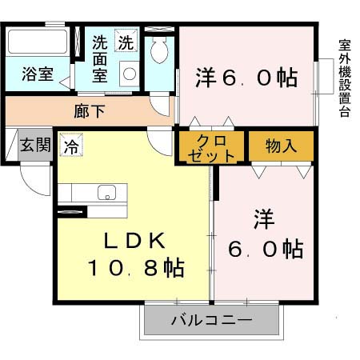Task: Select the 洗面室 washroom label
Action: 100,58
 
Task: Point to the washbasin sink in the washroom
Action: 128,74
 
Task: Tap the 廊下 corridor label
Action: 89,111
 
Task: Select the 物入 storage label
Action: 282,146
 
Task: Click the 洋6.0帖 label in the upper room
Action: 246,77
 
